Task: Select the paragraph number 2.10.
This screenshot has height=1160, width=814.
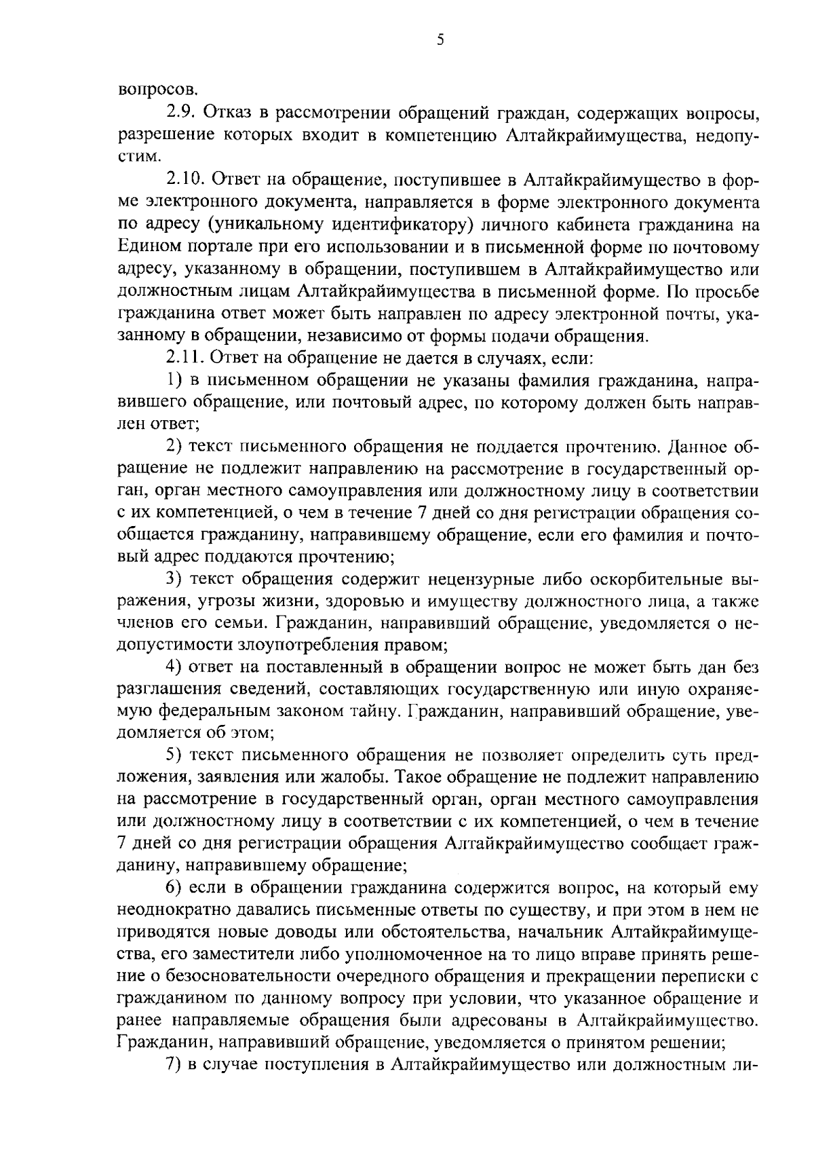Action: coord(186,179)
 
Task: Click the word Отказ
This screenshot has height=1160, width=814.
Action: coord(227,111)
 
